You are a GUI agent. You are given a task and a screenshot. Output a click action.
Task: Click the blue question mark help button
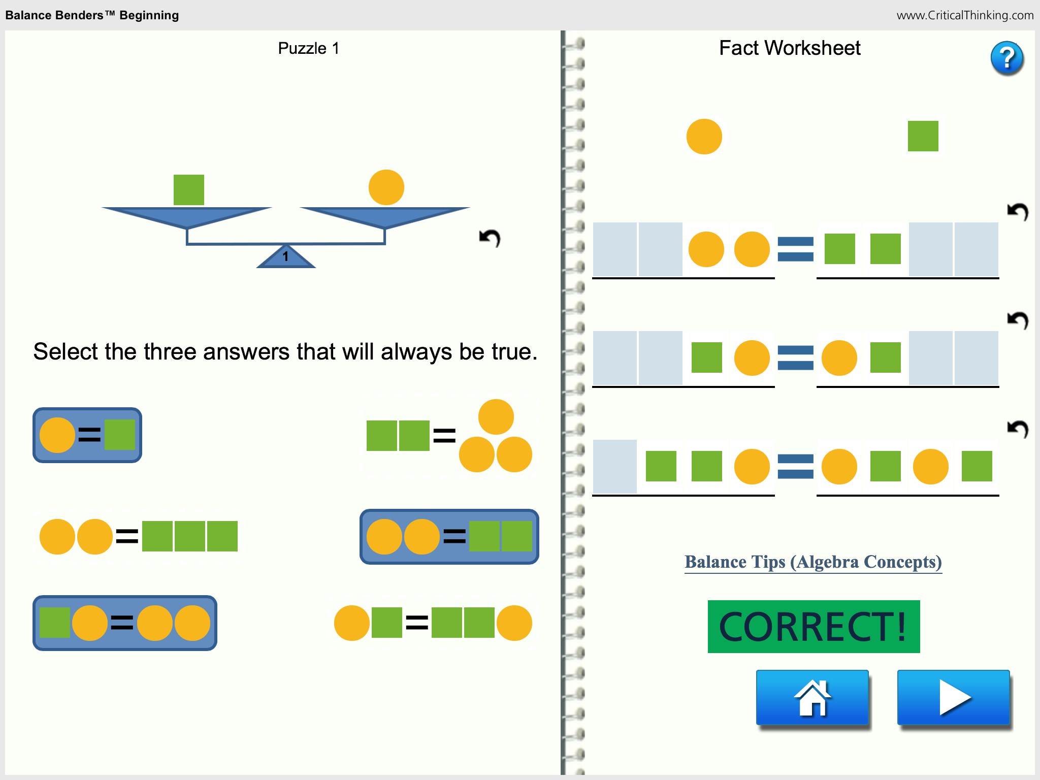coord(1006,58)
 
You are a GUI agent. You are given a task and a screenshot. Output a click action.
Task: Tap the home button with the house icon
coord(812,697)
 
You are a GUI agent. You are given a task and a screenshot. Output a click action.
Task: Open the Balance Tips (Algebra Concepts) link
coord(813,562)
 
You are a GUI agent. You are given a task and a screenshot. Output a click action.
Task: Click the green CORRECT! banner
coord(814,627)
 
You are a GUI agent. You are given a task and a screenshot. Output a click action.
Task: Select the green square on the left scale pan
coord(189,190)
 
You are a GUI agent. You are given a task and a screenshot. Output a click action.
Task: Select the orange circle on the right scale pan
coord(386,187)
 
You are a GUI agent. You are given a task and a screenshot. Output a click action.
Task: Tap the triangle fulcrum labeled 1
coord(286,257)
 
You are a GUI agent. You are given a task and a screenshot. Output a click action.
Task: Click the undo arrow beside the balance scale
coord(490,238)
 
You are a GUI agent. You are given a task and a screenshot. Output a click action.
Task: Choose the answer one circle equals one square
coord(87,435)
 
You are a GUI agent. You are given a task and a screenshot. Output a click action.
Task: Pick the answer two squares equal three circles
coord(449,436)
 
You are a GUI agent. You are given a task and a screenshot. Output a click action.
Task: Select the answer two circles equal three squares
coord(138,536)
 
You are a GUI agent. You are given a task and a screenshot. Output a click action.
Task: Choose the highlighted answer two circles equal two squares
coord(449,537)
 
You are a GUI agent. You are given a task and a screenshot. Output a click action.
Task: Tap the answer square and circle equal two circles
coord(125,623)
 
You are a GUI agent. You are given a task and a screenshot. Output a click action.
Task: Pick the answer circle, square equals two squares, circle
coord(433,623)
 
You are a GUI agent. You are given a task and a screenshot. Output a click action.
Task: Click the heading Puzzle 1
coord(308,48)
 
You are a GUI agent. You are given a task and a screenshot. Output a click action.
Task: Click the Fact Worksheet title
coord(790,48)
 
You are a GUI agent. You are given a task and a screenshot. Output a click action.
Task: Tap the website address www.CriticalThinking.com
coord(965,15)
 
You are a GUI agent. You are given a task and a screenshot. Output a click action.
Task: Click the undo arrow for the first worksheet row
coord(1018,211)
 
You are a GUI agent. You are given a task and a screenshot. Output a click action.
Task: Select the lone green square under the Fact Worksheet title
coord(923,136)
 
